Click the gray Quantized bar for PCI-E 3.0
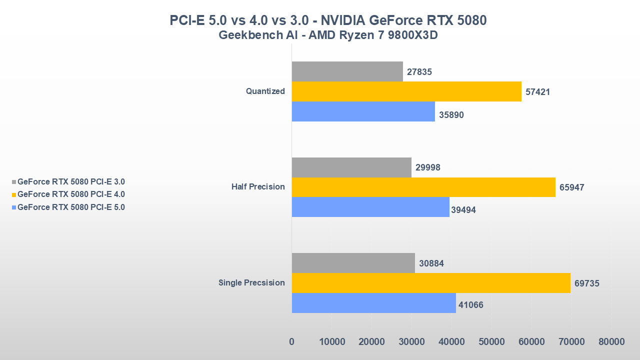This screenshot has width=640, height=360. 347,71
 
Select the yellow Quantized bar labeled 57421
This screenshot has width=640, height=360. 406,91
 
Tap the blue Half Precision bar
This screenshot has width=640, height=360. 370,207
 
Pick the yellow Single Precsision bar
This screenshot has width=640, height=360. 430,283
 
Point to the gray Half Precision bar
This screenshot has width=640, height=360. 351,167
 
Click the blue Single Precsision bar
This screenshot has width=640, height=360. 373,303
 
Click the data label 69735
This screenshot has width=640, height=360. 586,283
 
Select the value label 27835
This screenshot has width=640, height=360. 419,72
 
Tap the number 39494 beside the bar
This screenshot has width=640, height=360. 463,210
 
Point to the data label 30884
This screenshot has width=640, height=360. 431,263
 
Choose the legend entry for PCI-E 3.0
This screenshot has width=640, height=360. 71,182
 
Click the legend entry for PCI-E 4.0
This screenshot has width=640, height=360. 71,194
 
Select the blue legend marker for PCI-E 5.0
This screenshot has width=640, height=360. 14,207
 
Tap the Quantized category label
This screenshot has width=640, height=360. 265,91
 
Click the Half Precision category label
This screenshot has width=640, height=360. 258,187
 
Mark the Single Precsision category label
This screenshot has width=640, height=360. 251,283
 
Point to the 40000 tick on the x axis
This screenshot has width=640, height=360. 451,342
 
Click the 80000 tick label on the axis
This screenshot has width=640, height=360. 611,342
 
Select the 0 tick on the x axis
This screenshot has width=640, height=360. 292,342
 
